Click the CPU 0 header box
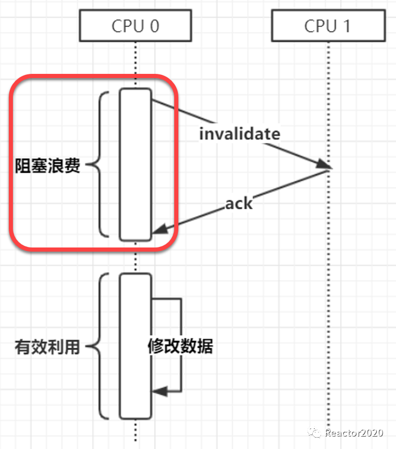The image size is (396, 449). tap(135, 26)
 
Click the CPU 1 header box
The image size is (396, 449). tap(327, 26)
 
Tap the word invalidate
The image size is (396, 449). tap(239, 133)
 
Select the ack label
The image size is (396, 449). tap(239, 203)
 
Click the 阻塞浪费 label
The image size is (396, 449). tap(48, 166)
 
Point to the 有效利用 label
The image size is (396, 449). tap(48, 347)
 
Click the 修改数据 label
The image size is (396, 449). tap(180, 346)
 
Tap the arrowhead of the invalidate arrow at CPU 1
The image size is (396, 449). tap(324, 165)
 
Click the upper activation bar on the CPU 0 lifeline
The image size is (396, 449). tap(135, 164)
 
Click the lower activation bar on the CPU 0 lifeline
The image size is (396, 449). tap(135, 346)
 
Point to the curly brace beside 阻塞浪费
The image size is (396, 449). tap(101, 164)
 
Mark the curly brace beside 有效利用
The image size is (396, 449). tap(101, 346)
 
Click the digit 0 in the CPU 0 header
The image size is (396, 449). tap(154, 26)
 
